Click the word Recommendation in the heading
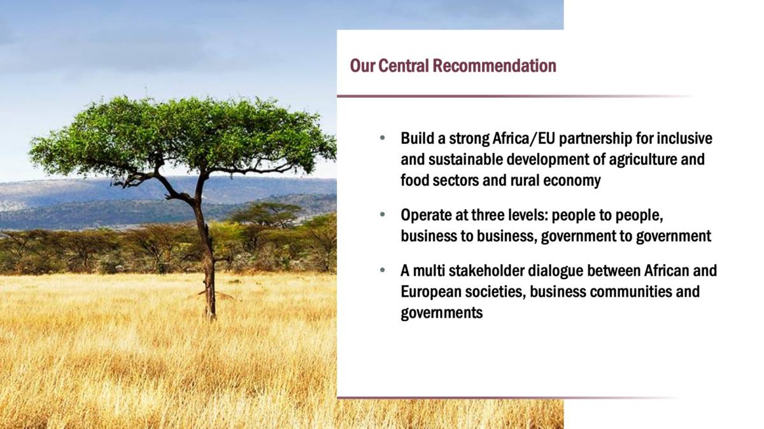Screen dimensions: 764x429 pos(494,65)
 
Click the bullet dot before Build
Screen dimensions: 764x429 pos(383,139)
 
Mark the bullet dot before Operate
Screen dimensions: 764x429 pos(383,215)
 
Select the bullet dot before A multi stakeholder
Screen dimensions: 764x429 pos(383,270)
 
